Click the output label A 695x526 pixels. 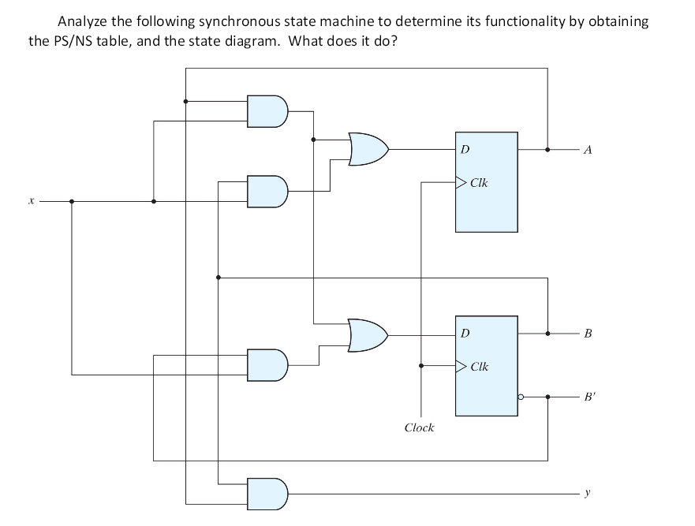(x=587, y=148)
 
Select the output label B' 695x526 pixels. (x=589, y=397)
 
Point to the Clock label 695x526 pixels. (x=419, y=427)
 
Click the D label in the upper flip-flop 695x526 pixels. (x=465, y=148)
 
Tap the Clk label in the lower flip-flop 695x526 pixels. (x=480, y=367)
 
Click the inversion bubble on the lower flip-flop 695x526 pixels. (x=521, y=397)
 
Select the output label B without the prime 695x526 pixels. (x=587, y=334)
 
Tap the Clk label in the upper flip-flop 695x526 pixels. (x=479, y=183)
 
